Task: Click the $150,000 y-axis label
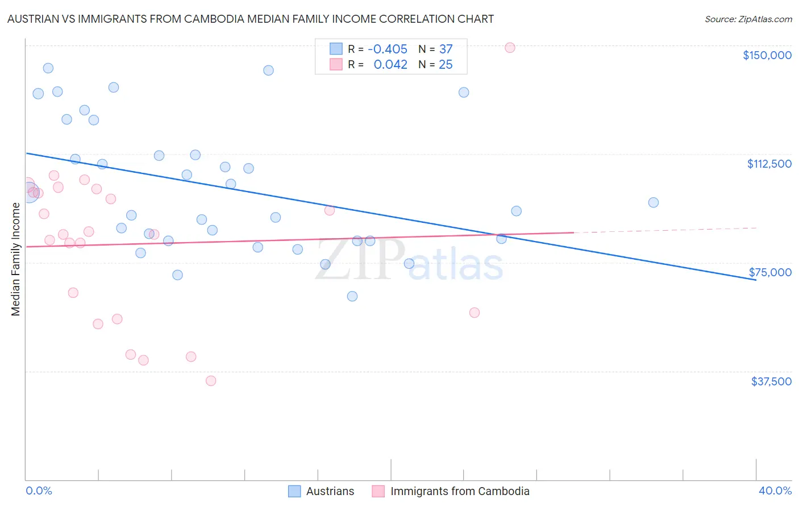767,55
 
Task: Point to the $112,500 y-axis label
769,164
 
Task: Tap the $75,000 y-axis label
770,272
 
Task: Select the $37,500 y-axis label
771,381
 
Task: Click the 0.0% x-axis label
39,491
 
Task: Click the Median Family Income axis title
15,259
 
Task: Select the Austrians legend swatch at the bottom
294,491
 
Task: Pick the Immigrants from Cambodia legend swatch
378,491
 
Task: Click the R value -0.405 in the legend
388,49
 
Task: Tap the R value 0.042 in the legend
390,64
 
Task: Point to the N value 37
446,49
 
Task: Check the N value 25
446,64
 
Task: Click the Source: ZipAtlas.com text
748,19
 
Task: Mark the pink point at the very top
510,47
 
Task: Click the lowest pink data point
211,381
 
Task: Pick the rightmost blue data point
654,202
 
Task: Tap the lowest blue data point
352,296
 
